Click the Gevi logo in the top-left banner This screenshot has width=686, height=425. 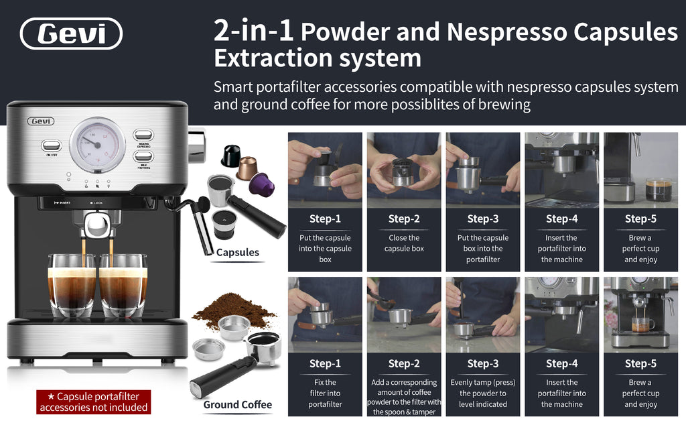pyautogui.click(x=71, y=34)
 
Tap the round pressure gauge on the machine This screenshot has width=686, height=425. pyautogui.click(x=97, y=144)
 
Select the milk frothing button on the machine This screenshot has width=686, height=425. pyautogui.click(x=143, y=156)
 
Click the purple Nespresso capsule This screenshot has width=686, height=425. pyautogui.click(x=261, y=184)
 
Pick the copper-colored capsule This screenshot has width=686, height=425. pyautogui.click(x=247, y=168)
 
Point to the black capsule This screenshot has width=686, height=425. pyautogui.click(x=230, y=156)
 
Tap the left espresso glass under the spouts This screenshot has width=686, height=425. pyautogui.click(x=71, y=285)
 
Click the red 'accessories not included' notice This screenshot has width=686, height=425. pyautogui.click(x=93, y=402)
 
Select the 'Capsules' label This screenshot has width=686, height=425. pyautogui.click(x=237, y=253)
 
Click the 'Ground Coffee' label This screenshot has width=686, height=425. pyautogui.click(x=237, y=404)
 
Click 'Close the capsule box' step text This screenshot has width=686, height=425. pyautogui.click(x=404, y=243)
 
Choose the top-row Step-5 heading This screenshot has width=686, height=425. pyautogui.click(x=640, y=219)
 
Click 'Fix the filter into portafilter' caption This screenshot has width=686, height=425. pyautogui.click(x=325, y=393)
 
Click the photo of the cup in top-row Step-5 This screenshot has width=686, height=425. pyautogui.click(x=640, y=168)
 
